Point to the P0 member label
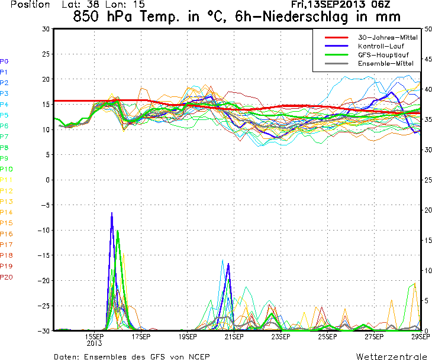coord(4,61)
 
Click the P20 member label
coord(6,277)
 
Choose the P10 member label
coord(6,169)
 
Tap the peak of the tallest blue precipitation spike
coord(112,213)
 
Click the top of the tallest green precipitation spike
coord(118,231)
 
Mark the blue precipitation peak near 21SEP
coord(228,264)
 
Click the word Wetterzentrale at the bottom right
coord(391,356)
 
